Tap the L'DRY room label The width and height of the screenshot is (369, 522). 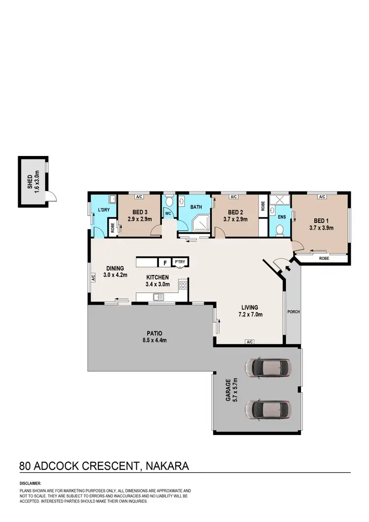pyautogui.click(x=103, y=211)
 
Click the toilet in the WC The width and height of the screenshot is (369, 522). pyautogui.click(x=169, y=202)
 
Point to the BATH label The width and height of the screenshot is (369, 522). pyautogui.click(x=196, y=207)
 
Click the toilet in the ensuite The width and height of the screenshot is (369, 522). pyautogui.click(x=279, y=230)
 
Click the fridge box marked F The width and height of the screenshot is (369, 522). pyautogui.click(x=164, y=263)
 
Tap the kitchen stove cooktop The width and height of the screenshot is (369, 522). pyautogui.click(x=183, y=284)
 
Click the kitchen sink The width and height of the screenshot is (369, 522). pyautogui.click(x=158, y=296)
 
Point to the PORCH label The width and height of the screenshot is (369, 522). pyautogui.click(x=294, y=312)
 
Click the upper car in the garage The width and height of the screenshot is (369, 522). pyautogui.click(x=269, y=367)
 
